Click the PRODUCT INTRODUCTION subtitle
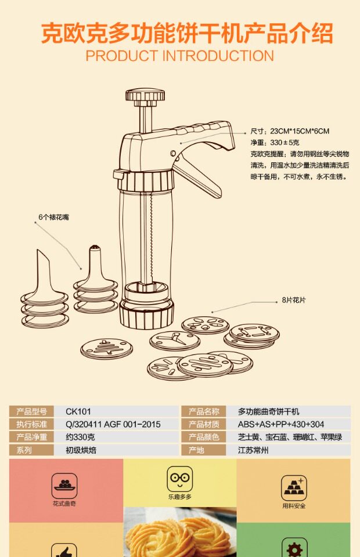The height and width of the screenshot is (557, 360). (179, 56)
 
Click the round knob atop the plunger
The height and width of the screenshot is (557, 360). (145, 95)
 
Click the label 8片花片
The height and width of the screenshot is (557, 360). (294, 301)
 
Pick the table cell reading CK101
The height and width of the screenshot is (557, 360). (78, 411)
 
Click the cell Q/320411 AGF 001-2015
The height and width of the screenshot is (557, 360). (113, 424)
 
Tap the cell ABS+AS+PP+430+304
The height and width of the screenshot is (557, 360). (273, 424)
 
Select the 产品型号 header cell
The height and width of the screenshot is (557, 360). (32, 411)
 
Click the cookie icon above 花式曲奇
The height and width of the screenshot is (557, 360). (64, 483)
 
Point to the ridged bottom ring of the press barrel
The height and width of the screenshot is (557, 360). (146, 314)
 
